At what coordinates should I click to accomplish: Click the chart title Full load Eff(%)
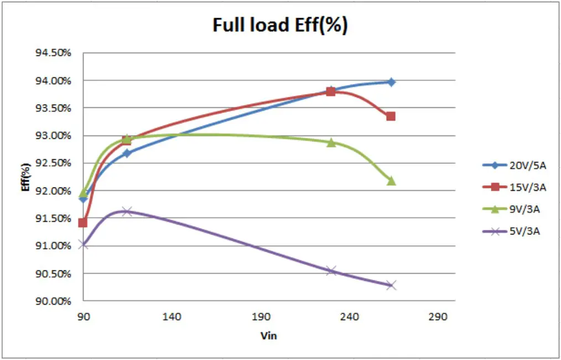[280, 25]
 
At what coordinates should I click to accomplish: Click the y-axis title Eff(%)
[25, 178]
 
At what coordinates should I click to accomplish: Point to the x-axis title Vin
[268, 336]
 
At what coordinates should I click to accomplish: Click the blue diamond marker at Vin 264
[391, 82]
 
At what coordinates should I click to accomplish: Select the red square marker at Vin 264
[391, 116]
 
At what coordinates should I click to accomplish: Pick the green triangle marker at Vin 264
[391, 181]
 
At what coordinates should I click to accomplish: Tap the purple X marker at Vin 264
[391, 285]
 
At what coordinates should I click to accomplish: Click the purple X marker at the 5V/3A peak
[127, 211]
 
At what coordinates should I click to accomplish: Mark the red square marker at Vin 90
[83, 223]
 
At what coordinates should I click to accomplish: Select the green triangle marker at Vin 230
[331, 143]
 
